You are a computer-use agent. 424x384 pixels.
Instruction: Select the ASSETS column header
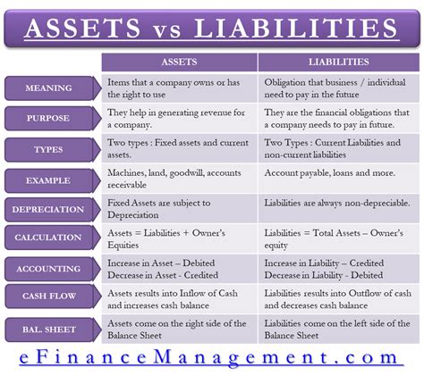pos(179,63)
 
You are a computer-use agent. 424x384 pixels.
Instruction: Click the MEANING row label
pos(52,88)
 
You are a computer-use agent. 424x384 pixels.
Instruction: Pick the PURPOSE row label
pos(52,119)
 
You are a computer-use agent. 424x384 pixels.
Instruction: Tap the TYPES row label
pos(52,149)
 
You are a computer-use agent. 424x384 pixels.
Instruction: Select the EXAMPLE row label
pos(52,179)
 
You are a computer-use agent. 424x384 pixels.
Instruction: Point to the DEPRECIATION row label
pos(52,210)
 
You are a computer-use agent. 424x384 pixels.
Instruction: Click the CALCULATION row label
pos(52,238)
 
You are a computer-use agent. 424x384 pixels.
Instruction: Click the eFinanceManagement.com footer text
pos(211,359)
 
